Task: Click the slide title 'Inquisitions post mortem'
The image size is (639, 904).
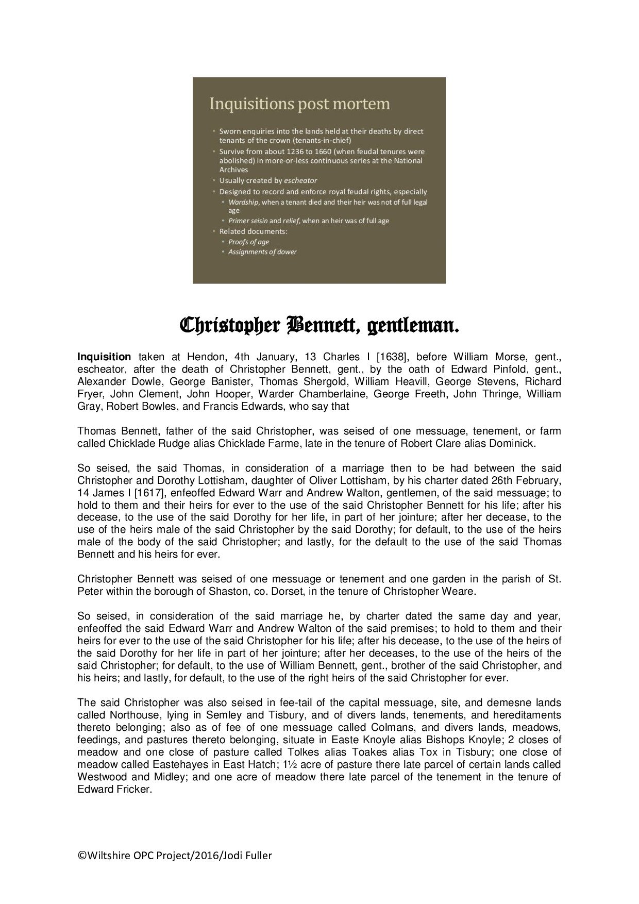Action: tap(299, 104)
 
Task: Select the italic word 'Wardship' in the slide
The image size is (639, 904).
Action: tap(242, 202)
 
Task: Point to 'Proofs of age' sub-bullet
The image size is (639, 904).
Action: tap(248, 242)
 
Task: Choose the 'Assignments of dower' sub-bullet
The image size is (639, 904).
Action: tap(262, 252)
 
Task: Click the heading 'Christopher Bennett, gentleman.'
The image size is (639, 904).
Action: tap(319, 326)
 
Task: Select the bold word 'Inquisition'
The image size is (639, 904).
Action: tap(104, 357)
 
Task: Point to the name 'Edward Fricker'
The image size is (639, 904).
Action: tap(113, 789)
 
